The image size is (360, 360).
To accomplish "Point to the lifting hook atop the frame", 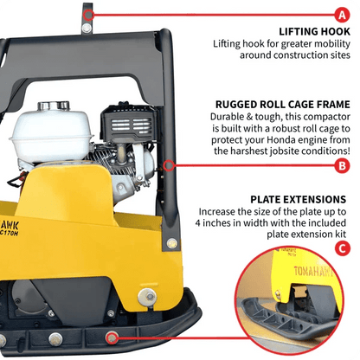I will point(88,18).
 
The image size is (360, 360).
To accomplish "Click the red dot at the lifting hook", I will point(89,15).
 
